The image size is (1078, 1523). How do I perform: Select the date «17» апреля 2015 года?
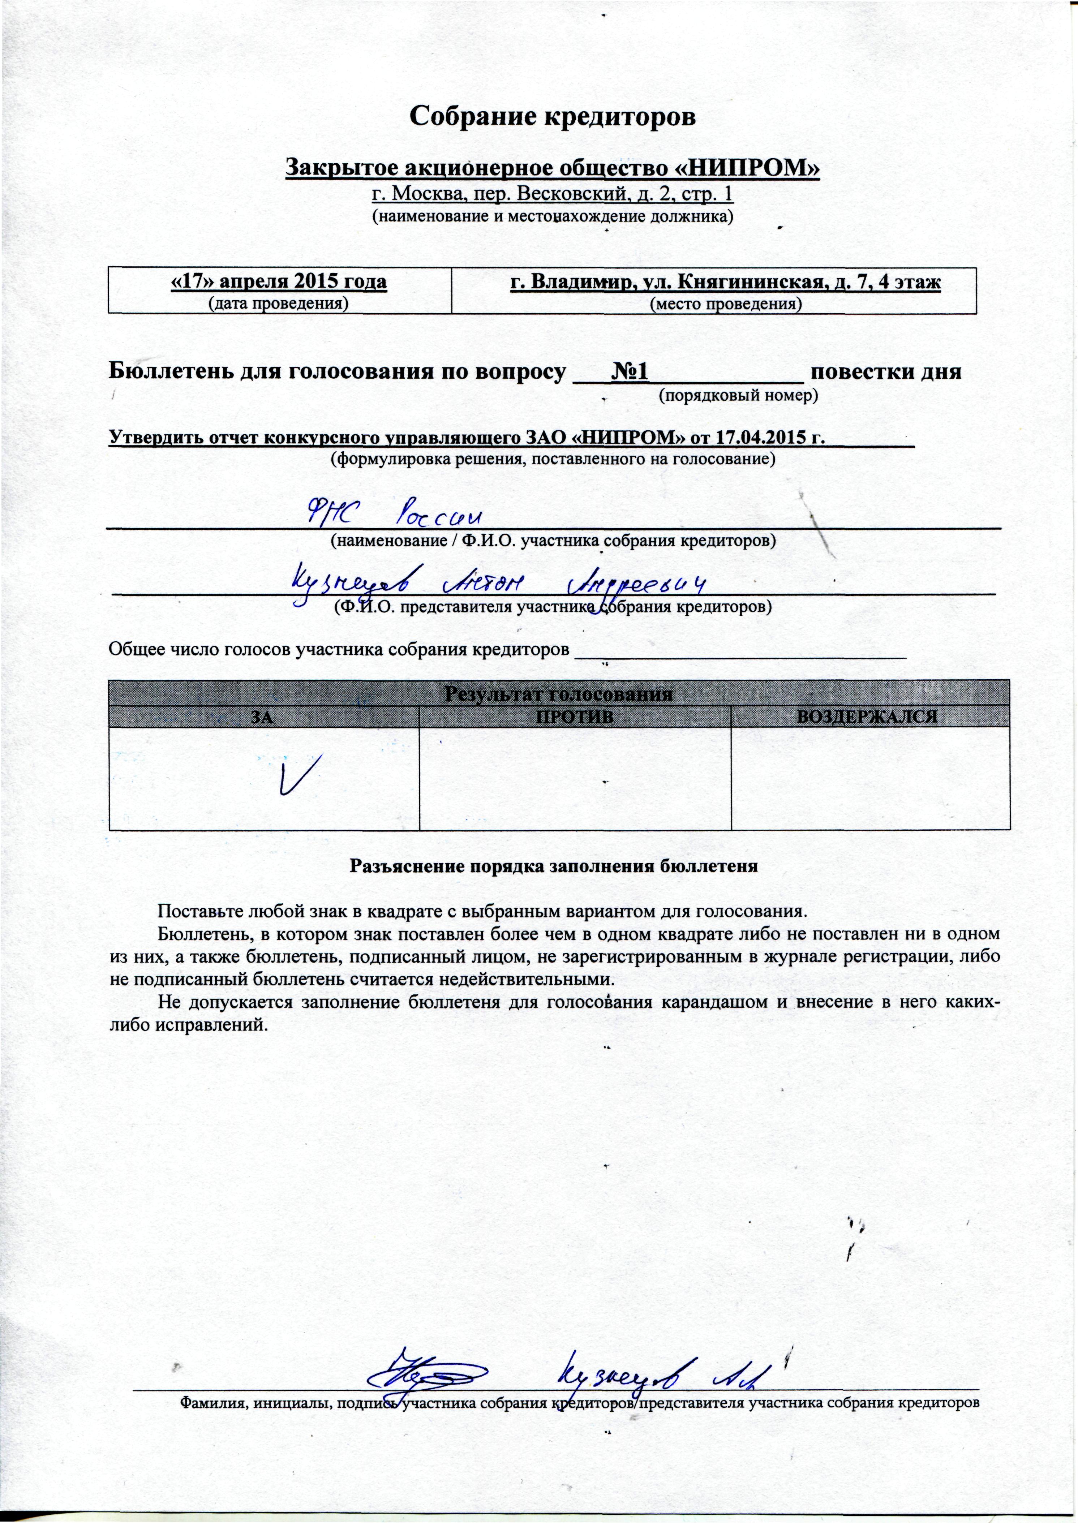(279, 281)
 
